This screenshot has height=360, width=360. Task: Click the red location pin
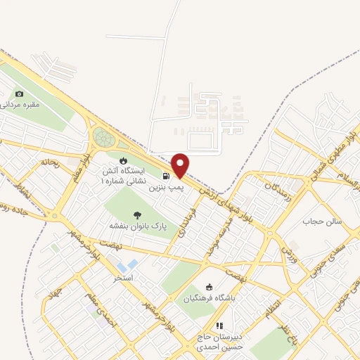click(x=181, y=165)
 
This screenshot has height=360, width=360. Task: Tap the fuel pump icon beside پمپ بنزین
click(x=165, y=176)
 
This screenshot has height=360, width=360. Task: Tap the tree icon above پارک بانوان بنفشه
click(x=136, y=214)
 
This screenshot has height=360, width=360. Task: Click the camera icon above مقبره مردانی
click(x=19, y=94)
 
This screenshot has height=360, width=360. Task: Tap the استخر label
click(x=123, y=278)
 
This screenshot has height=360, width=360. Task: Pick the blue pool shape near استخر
click(x=127, y=266)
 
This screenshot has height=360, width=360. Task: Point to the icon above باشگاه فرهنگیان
click(x=208, y=286)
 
